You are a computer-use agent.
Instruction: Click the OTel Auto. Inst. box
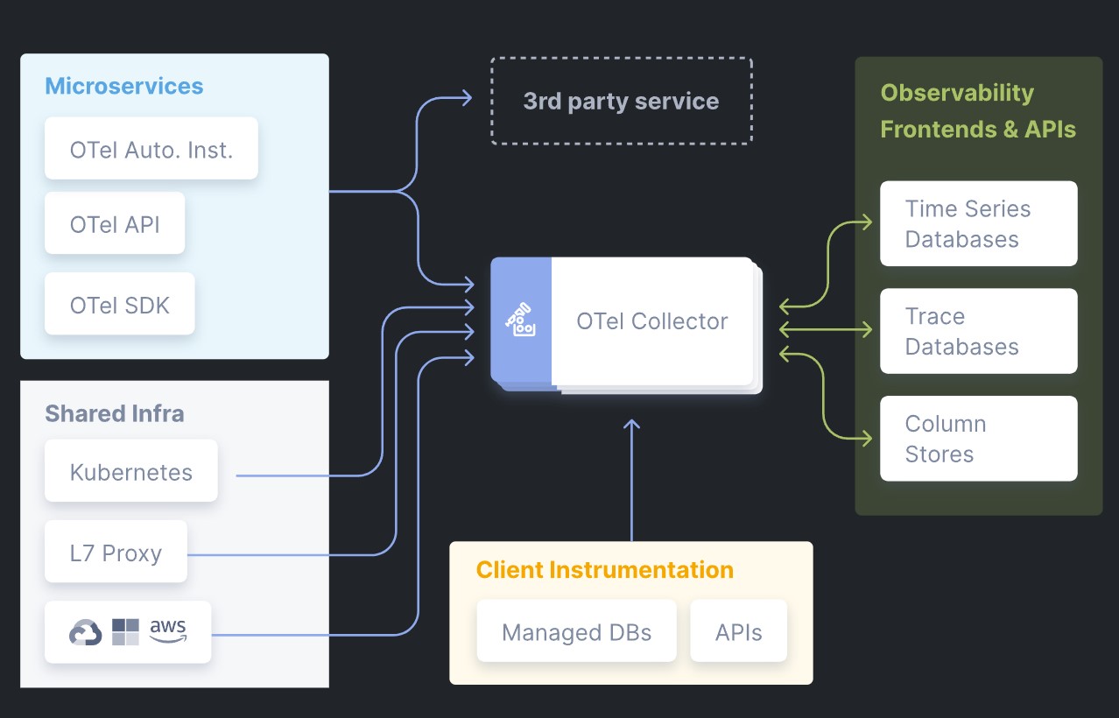pos(151,148)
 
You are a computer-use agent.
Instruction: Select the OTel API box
pos(115,223)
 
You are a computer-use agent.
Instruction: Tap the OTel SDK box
pos(120,304)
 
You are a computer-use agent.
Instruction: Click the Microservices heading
pos(124,86)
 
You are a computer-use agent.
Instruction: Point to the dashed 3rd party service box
pos(622,101)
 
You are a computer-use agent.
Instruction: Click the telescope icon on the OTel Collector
pos(520,320)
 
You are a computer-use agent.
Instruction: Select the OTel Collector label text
pos(652,321)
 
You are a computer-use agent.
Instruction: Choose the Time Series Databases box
pos(979,223)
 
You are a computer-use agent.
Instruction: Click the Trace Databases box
pos(979,331)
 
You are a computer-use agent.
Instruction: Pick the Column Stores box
pos(979,439)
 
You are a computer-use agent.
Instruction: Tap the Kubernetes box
pos(131,471)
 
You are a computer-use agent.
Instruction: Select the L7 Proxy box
pos(116,552)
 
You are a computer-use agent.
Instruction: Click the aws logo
pos(168,630)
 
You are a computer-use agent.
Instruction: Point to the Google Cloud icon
pos(86,632)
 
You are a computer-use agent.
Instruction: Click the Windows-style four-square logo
pos(125,632)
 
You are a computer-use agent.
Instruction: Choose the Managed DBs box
pos(576,631)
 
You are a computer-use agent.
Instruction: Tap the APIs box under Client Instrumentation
pos(739,631)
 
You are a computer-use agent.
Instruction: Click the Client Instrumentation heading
pos(605,570)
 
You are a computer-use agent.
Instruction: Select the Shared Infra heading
pos(115,413)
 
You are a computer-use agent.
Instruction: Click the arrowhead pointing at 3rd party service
pos(467,98)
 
